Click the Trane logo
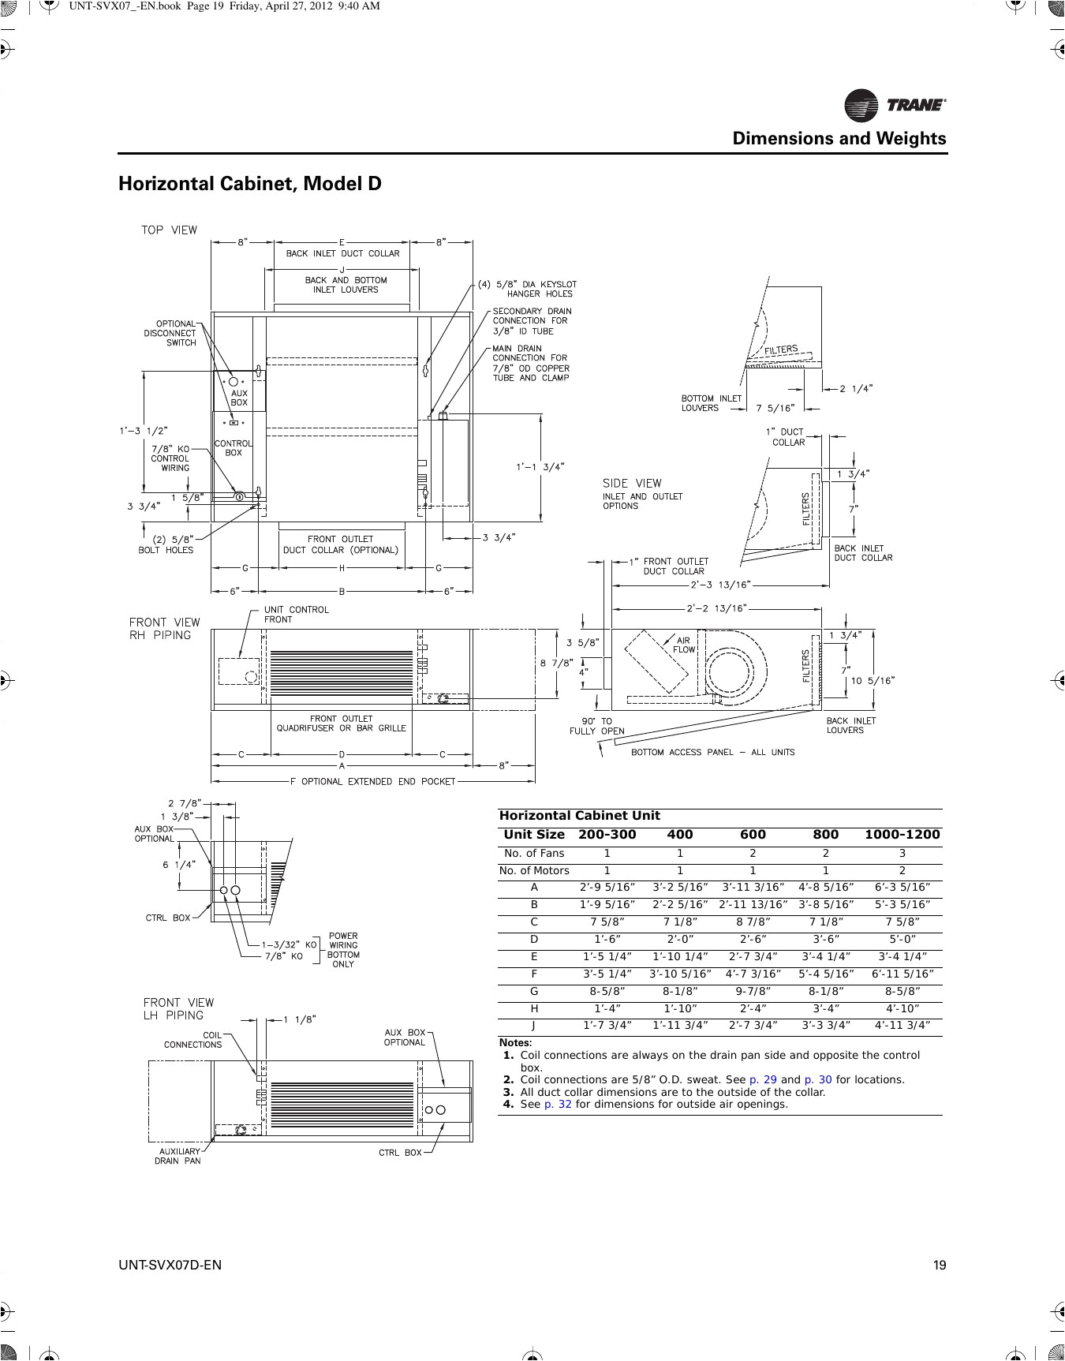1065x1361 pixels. pyautogui.click(x=895, y=105)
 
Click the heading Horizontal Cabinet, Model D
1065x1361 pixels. pyautogui.click(x=249, y=184)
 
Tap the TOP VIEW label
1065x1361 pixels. pyautogui.click(x=169, y=230)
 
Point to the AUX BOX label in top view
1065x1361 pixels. pyautogui.click(x=238, y=398)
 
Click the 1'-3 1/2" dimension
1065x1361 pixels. pyautogui.click(x=143, y=431)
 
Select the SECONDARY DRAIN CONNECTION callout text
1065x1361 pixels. pyautogui.click(x=532, y=321)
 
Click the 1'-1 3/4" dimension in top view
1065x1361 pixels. pyautogui.click(x=540, y=466)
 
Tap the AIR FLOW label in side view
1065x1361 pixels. pyautogui.click(x=683, y=645)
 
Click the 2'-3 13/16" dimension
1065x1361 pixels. pyautogui.click(x=720, y=585)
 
